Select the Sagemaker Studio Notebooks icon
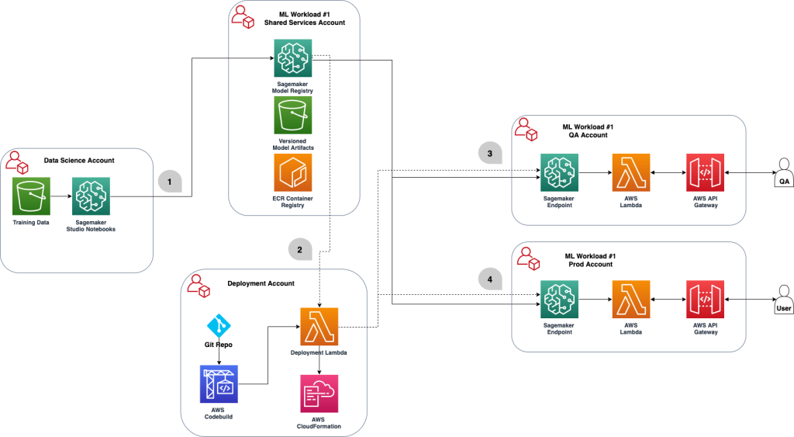click(x=91, y=196)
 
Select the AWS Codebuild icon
click(x=219, y=383)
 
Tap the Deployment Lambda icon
click(x=319, y=326)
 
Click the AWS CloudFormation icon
click(x=319, y=393)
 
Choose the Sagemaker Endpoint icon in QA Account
click(x=558, y=172)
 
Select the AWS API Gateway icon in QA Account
click(x=705, y=172)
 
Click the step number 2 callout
click(x=299, y=248)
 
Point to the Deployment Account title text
click(x=261, y=283)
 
